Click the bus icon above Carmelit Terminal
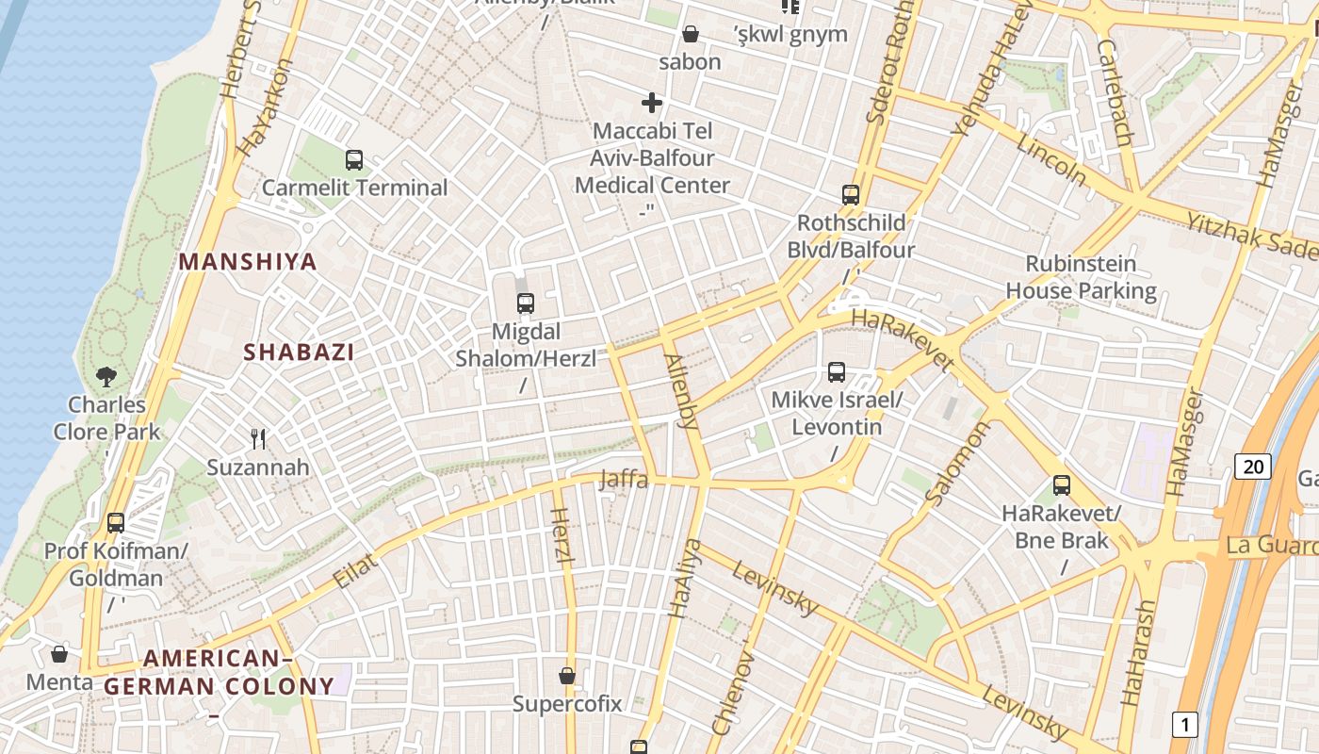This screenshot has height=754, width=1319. [354, 160]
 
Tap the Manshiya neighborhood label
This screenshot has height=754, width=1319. [248, 261]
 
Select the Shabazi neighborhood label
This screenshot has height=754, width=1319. [300, 352]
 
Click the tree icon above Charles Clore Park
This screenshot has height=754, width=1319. [106, 377]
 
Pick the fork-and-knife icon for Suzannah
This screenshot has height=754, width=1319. [258, 438]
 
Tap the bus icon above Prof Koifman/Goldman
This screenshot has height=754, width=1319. [116, 522]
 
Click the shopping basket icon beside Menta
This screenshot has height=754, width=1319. [59, 653]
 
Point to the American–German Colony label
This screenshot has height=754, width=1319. [219, 672]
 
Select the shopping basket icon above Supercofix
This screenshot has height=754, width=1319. [567, 675]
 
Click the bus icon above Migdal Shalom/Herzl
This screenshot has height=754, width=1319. [526, 303]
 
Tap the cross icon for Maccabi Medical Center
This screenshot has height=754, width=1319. [652, 103]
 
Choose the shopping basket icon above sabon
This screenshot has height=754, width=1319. [691, 35]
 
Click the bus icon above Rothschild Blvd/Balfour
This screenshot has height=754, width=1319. [851, 195]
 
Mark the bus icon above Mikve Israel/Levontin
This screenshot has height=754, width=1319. [837, 372]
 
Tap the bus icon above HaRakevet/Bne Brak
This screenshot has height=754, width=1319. [1062, 485]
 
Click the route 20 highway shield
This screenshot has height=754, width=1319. [1253, 466]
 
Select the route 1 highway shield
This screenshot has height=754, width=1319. [1184, 725]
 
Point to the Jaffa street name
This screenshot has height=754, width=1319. [624, 480]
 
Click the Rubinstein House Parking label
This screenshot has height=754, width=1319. [1081, 277]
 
